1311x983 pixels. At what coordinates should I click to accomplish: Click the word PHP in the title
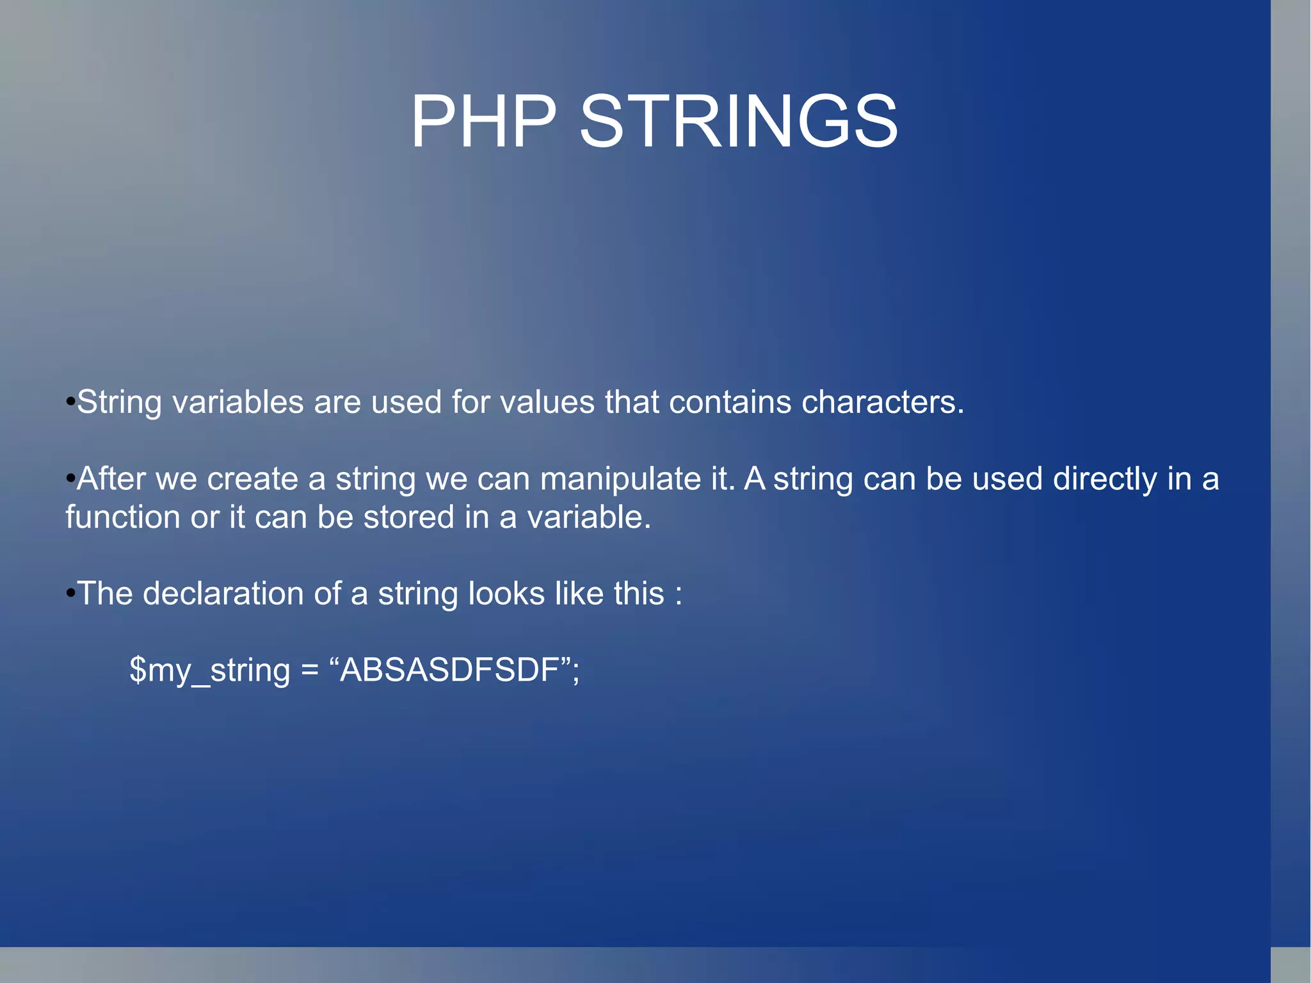(483, 122)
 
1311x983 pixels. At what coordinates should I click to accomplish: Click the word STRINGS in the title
(739, 122)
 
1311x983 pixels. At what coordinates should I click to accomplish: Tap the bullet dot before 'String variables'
(70, 403)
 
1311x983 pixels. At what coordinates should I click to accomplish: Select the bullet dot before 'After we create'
(70, 480)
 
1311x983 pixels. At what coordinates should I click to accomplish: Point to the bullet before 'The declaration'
(70, 594)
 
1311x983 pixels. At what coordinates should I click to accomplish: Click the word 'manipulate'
(620, 480)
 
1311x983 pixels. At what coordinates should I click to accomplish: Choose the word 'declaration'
(223, 594)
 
